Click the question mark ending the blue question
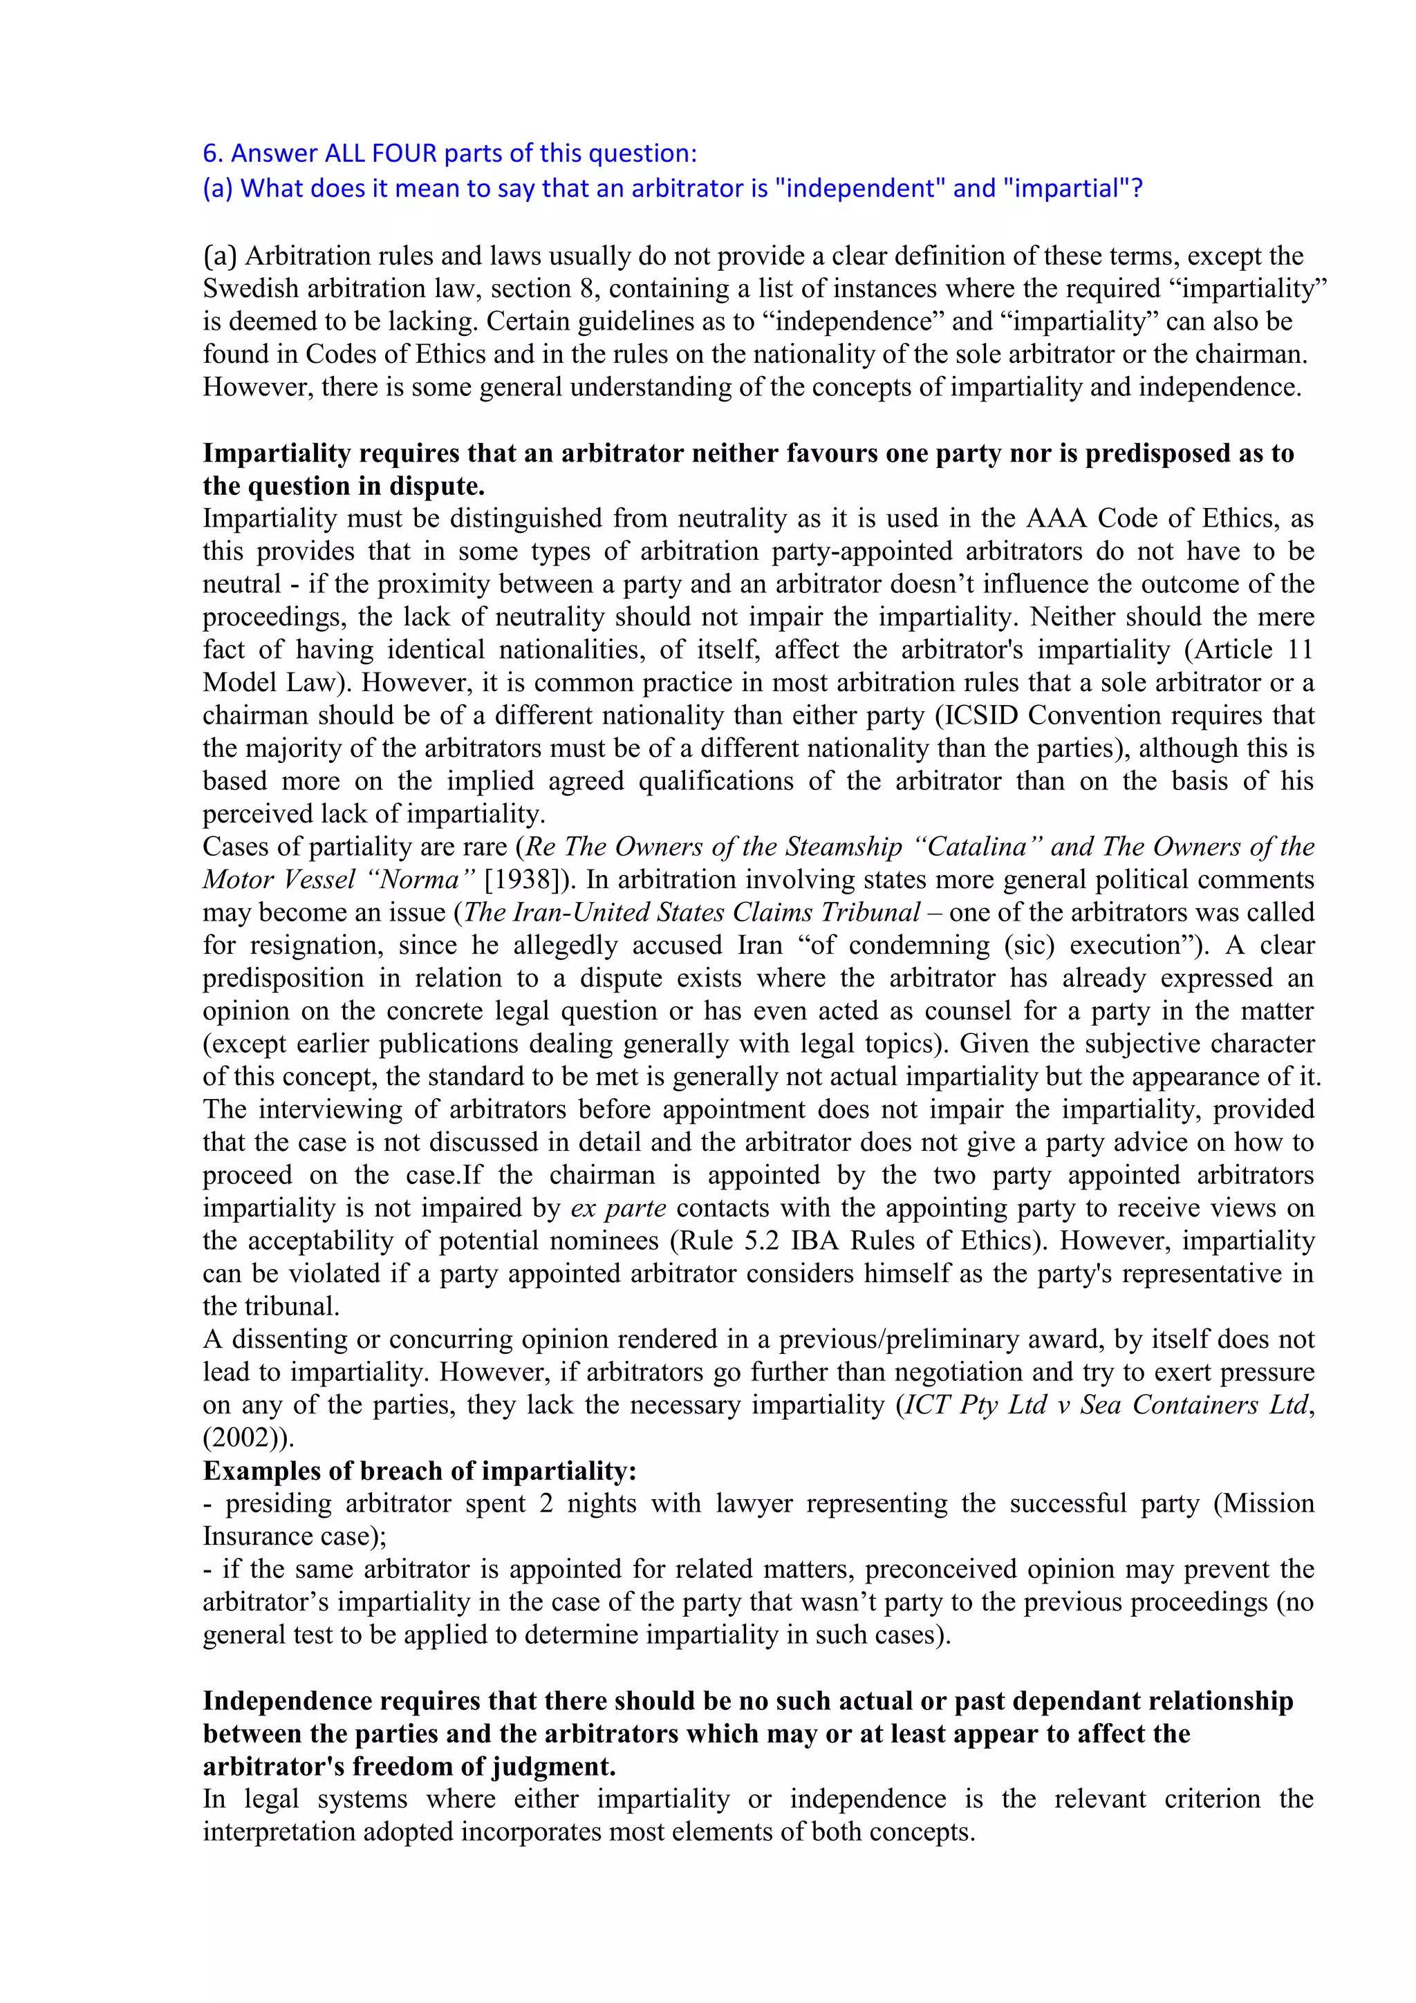1136,189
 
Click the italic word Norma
420,879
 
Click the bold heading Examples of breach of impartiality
419,1471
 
